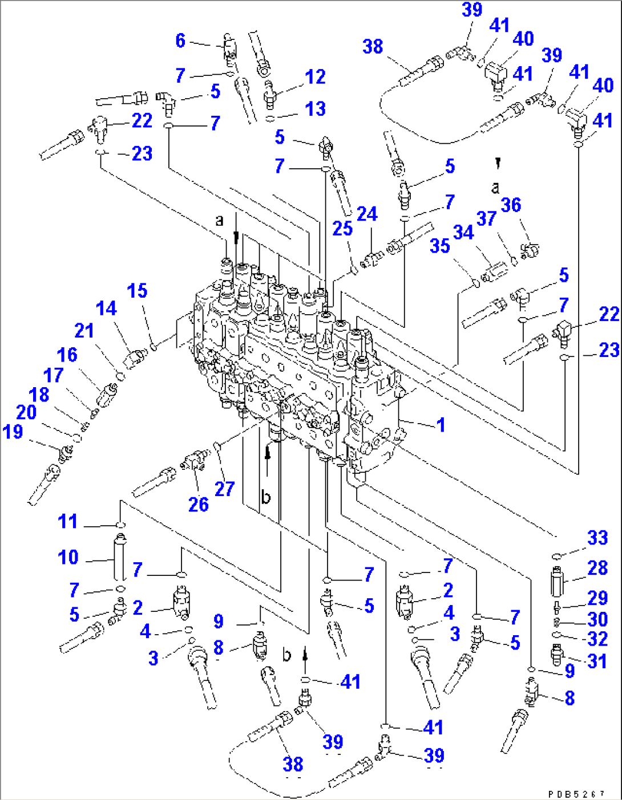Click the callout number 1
pos(441,425)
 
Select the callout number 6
pos(180,41)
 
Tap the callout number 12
pos(315,77)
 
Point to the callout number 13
pos(315,109)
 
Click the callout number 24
pos(367,214)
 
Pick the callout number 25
pos(342,229)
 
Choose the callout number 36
pos(511,205)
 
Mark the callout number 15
pos(137,290)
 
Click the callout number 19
pos(13,432)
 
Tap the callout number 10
pos(68,558)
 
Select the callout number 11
pos(68,522)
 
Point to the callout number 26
pos(199,505)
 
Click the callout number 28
pos(597,568)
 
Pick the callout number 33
pos(597,538)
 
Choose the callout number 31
pos(597,661)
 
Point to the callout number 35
pos(440,246)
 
